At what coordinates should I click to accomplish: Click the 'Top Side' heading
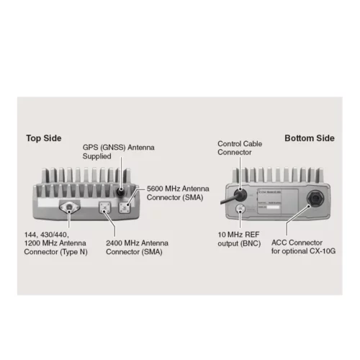tap(43, 138)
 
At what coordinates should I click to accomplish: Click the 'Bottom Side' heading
tap(309, 138)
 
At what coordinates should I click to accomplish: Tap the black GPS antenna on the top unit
tap(120, 192)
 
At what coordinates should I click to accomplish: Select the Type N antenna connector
tap(69, 208)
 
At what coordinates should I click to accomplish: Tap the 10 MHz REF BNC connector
tap(240, 210)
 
